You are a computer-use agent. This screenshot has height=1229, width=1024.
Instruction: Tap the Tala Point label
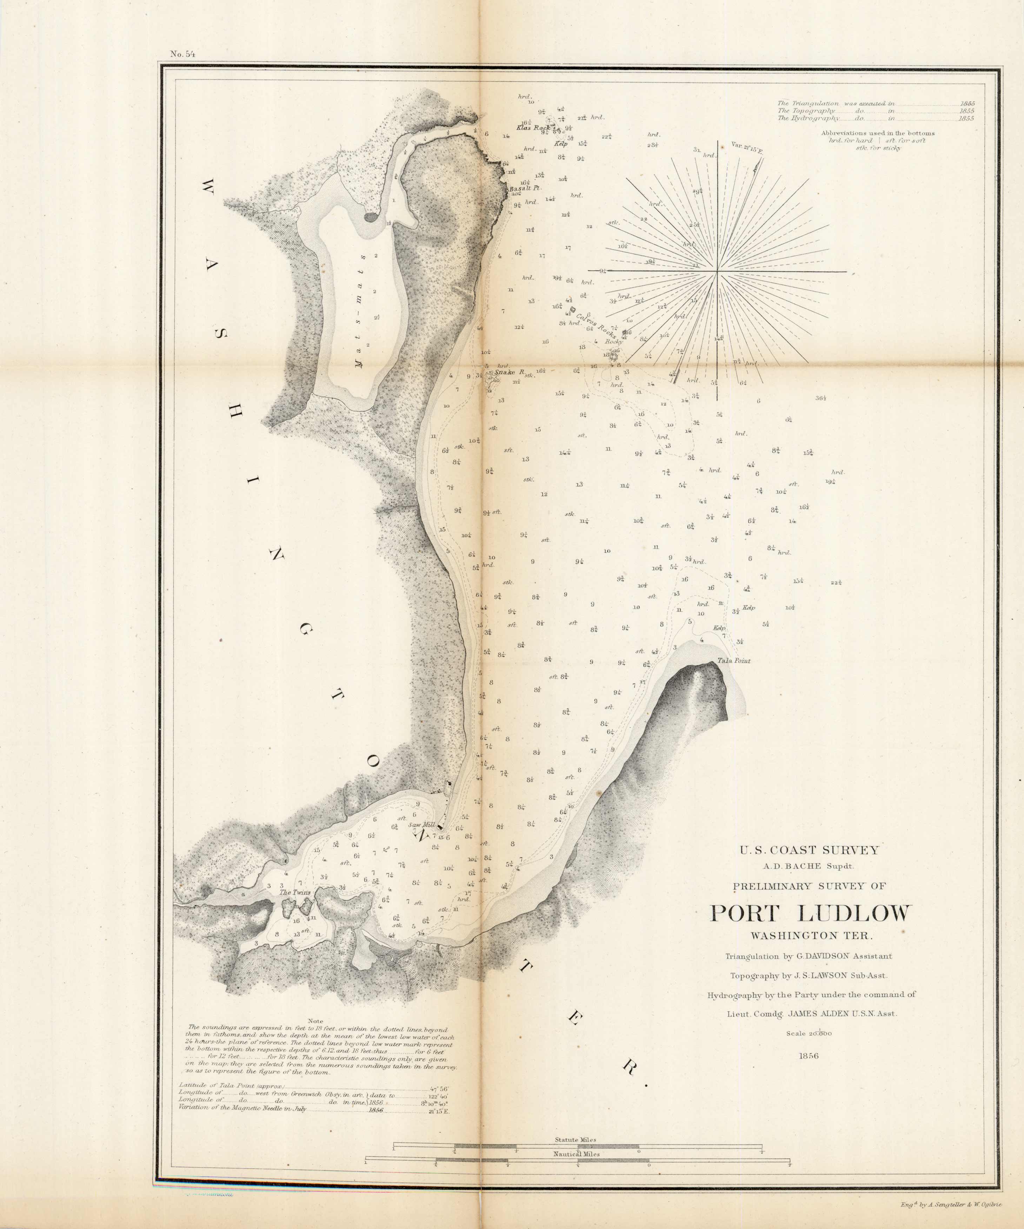click(x=733, y=661)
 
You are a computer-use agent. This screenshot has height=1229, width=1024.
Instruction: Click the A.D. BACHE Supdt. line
click(x=809, y=866)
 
